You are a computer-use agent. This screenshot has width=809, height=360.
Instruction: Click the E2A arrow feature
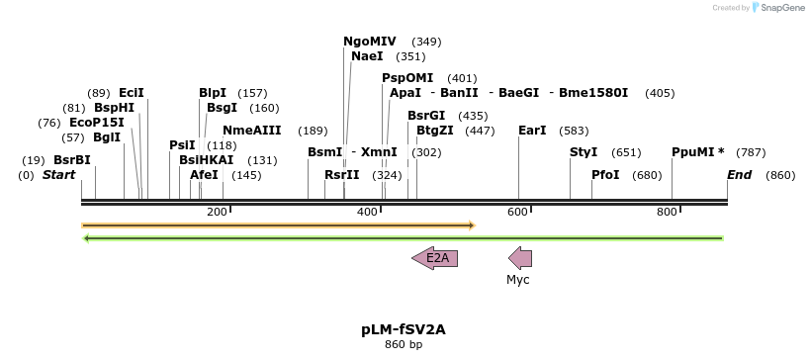coord(434,259)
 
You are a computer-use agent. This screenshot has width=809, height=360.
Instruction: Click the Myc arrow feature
coord(520,259)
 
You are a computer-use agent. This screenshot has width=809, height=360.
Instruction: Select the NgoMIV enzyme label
coord(369,42)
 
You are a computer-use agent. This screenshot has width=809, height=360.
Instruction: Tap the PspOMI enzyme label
coord(407,78)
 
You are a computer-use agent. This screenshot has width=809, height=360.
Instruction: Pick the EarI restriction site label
coord(532,131)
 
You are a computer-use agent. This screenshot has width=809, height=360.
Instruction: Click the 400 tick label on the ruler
coord(367,213)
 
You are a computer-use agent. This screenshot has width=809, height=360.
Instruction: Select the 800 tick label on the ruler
coord(666,213)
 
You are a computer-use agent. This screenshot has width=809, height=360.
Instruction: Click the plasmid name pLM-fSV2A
coord(404,329)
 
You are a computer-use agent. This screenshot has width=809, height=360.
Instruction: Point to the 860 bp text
coord(404,345)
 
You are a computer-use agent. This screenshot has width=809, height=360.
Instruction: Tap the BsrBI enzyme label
coord(72,160)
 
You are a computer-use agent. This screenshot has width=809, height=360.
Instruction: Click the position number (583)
coord(574,131)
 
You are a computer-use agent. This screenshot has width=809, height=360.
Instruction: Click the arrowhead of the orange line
coord(472,225)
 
